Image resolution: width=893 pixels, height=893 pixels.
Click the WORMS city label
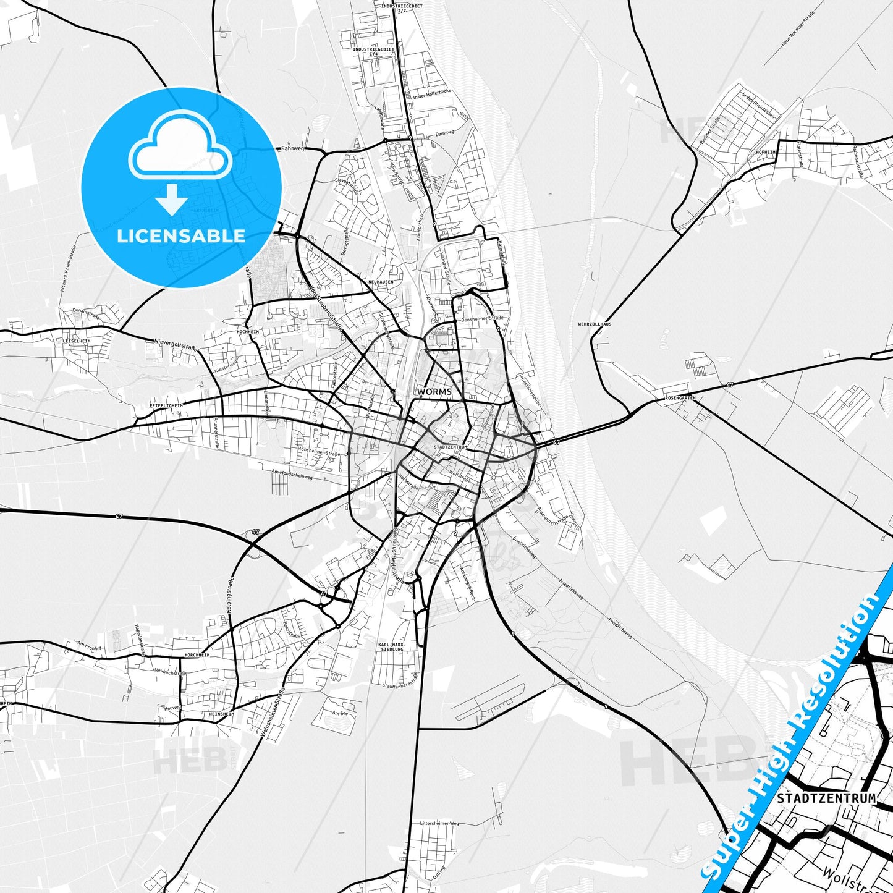click(434, 392)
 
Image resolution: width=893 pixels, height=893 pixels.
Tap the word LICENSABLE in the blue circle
click(181, 235)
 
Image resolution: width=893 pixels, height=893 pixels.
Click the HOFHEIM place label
click(765, 152)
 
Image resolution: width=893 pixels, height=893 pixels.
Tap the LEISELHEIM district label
click(77, 341)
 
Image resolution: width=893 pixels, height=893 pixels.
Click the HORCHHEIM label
click(197, 654)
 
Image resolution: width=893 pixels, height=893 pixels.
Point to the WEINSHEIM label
click(221, 713)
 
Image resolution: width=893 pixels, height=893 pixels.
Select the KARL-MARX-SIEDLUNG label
click(391, 646)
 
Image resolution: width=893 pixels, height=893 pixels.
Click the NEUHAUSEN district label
click(381, 282)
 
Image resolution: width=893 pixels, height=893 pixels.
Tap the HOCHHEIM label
click(248, 332)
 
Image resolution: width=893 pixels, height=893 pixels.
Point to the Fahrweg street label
click(293, 148)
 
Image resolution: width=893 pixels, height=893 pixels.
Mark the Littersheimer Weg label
click(439, 824)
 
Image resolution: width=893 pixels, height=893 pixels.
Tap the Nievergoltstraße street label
click(176, 344)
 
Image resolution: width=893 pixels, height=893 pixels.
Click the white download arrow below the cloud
click(172, 201)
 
